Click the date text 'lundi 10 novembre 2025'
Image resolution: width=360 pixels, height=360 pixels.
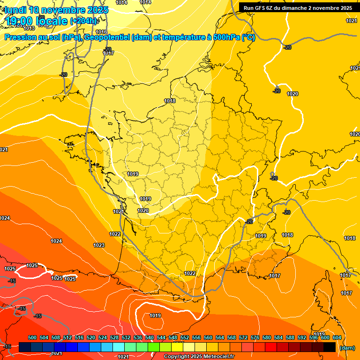click(57, 10)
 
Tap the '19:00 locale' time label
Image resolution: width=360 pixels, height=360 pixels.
click(37, 21)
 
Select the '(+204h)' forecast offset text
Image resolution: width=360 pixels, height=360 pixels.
click(83, 21)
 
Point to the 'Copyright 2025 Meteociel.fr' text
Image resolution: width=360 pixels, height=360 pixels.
click(199, 357)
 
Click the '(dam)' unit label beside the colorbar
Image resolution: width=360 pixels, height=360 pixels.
click(347, 348)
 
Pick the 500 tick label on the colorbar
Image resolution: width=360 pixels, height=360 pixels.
click(32, 337)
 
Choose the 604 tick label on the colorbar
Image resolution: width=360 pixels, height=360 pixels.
click(337, 337)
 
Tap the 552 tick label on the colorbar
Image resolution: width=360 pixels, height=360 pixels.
click(185, 337)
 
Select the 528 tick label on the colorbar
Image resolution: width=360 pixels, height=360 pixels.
click(114, 337)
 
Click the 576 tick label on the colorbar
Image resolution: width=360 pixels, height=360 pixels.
click(255, 337)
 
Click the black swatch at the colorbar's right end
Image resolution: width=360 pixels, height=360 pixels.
click(330, 347)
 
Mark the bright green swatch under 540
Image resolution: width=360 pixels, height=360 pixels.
click(153, 347)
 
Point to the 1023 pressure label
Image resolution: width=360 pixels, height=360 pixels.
click(99, 245)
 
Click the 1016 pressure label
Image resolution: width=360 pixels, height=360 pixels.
click(101, 45)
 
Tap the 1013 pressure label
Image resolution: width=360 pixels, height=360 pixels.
click(29, 42)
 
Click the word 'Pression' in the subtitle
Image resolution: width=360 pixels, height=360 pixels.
click(21, 37)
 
